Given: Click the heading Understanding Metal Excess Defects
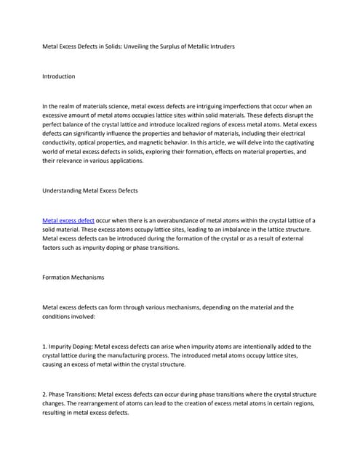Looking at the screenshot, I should coord(90,190).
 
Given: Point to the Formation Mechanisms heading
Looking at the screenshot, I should coord(73,277).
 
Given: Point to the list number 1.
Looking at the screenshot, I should coord(45,347).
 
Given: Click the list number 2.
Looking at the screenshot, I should coord(45,395).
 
